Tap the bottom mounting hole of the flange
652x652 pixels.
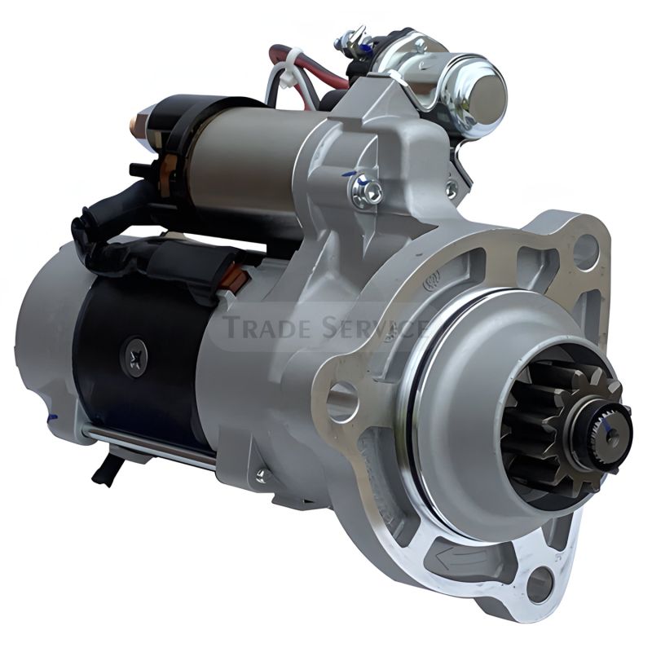(x=540, y=579)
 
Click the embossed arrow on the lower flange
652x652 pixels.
(x=460, y=556)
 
